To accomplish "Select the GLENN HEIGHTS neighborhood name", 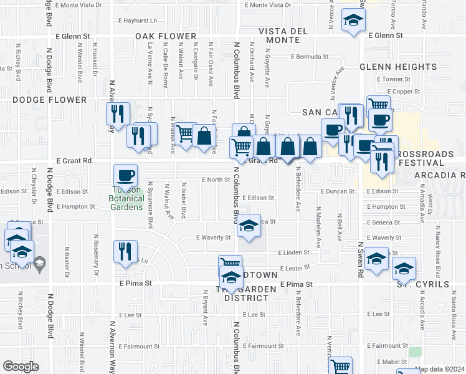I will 397,67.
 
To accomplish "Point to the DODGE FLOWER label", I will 49,100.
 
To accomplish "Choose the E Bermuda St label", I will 310,57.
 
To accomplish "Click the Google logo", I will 21,367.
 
